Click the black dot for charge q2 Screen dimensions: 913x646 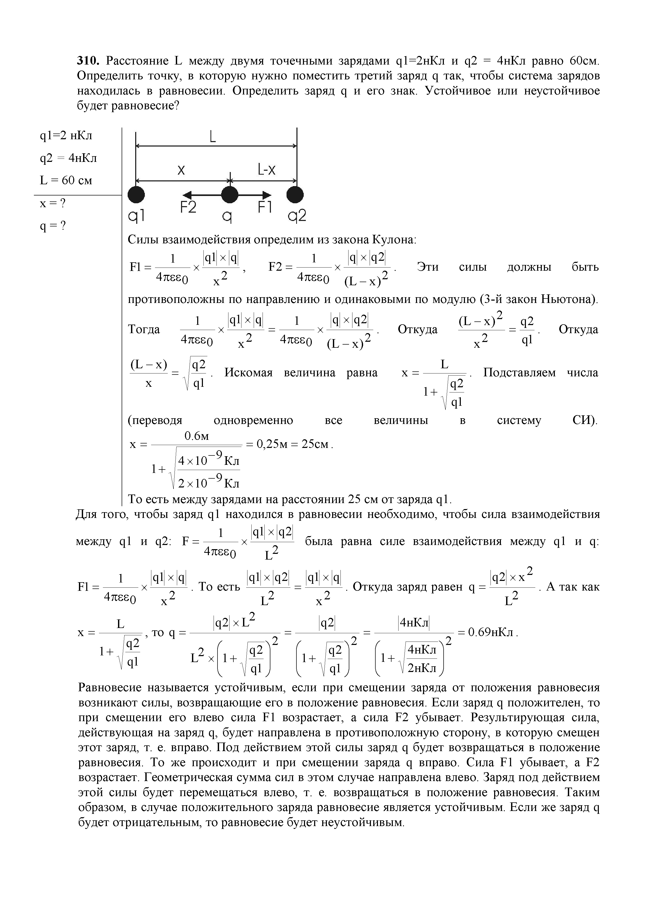click(295, 195)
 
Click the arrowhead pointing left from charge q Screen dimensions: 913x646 click(187, 195)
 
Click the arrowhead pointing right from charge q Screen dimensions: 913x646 click(267, 195)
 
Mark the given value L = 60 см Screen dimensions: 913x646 click(66, 181)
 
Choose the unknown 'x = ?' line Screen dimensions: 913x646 click(53, 203)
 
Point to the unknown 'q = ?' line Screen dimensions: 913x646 click(53, 226)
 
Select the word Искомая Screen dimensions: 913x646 click(248, 373)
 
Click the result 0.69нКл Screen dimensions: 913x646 click(492, 632)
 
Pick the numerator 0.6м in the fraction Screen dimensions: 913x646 click(197, 436)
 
